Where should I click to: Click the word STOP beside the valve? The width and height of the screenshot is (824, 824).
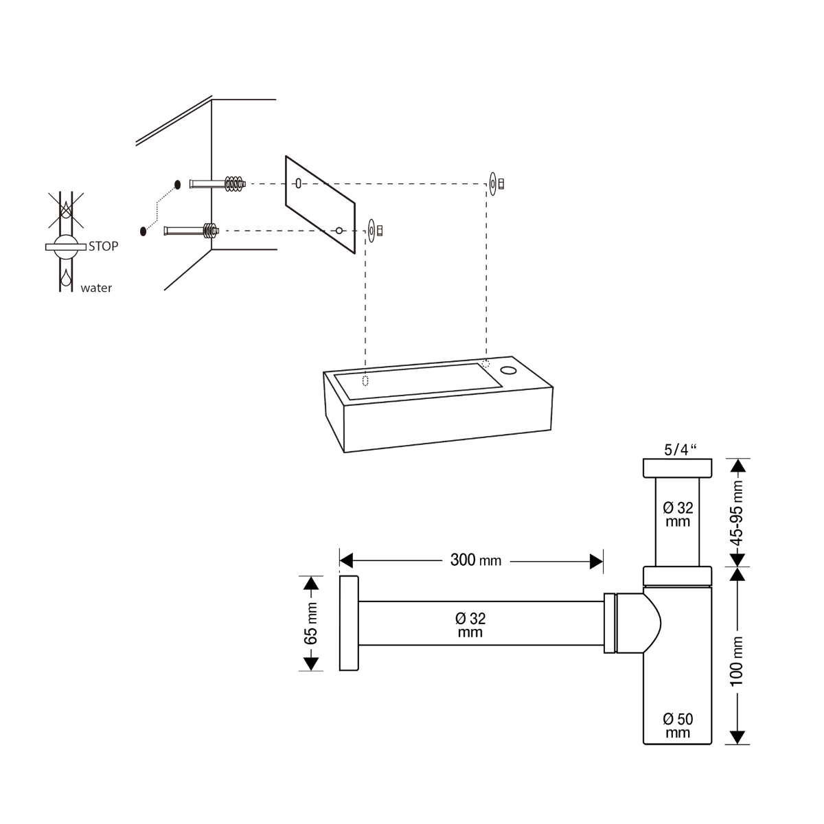coord(104,247)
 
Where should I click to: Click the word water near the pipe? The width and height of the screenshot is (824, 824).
coord(96,288)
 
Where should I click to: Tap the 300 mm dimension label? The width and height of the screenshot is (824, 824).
coord(475,560)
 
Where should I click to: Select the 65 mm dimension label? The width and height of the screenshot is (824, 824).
coord(311,623)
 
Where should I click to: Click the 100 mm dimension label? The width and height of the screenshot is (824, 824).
coord(736,661)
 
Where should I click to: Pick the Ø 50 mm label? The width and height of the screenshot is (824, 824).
coord(678,726)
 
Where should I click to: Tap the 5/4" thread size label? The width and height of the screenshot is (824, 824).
coord(680,450)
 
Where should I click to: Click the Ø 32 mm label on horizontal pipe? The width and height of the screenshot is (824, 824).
coord(470,625)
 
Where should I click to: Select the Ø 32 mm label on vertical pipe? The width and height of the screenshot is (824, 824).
coord(678,514)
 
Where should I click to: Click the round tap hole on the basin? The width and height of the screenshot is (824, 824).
coord(508,369)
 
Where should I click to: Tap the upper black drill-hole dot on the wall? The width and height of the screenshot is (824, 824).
coord(177,185)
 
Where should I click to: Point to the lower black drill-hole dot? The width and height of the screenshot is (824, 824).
coord(144,231)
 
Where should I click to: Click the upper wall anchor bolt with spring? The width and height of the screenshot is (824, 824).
coord(218,184)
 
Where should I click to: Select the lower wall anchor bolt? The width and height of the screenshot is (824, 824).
coord(192,231)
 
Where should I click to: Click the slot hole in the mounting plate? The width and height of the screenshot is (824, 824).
coord(299,183)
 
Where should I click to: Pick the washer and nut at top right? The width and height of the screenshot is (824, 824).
coord(497,184)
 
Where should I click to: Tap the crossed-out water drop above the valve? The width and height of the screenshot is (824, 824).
coord(65,210)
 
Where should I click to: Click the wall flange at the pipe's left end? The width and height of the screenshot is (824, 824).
coord(349,623)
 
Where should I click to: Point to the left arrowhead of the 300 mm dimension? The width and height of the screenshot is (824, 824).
coord(346,561)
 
